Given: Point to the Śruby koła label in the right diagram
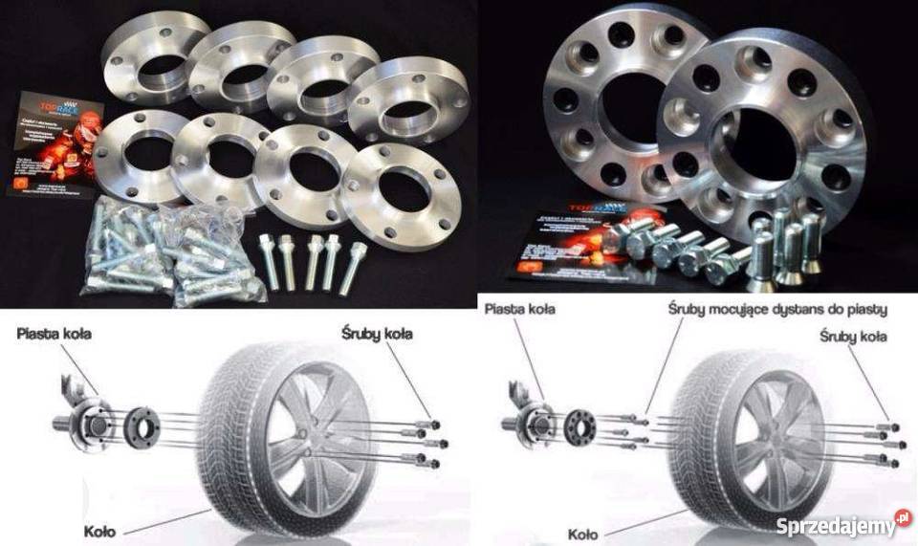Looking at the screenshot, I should (853, 337).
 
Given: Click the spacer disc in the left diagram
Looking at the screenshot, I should (143, 425).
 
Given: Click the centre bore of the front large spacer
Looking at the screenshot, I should (761, 144).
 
